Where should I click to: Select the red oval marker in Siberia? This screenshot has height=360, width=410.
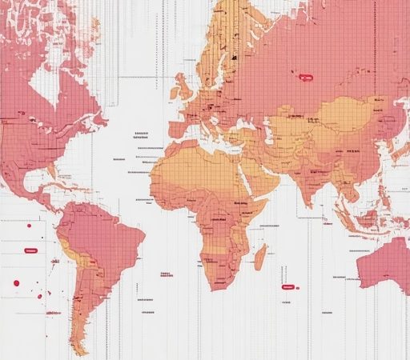pos(305,78)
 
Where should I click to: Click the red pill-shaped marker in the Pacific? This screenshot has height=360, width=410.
pos(31,250)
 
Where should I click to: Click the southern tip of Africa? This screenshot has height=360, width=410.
pos(210,286)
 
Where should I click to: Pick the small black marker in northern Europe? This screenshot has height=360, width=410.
pos(235,57)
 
